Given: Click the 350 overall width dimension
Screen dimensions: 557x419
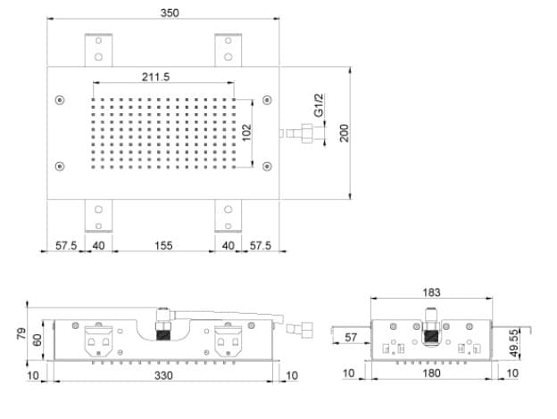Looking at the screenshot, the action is point(170,13).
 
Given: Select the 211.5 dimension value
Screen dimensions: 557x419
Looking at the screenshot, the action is point(156,77).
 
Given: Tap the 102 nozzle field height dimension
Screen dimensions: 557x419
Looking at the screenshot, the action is point(246,132).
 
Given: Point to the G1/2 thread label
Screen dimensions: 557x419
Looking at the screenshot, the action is point(319,105).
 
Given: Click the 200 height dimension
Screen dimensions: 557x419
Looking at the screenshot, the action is point(345,133).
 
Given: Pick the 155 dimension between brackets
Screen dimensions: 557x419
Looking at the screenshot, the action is point(163,245).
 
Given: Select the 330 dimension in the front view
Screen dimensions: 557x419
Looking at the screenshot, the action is point(163,375).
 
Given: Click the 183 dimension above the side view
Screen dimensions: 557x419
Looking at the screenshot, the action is point(432,292).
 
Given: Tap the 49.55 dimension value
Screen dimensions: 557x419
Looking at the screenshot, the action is point(513,343).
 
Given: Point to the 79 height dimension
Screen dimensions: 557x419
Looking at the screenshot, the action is point(21,333).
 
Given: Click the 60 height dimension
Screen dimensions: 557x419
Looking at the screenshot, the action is point(37,340).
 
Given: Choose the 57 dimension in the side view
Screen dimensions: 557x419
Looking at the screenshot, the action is point(351,337).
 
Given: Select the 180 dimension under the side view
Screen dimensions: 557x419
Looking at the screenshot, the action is point(432,374).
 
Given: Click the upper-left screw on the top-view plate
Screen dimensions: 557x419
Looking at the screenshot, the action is point(60,100).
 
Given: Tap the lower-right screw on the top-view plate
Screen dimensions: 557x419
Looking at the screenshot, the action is point(267,166).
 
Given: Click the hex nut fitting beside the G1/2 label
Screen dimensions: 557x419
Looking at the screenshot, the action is point(307,134).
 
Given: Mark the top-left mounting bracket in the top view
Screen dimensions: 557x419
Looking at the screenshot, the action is point(98,50).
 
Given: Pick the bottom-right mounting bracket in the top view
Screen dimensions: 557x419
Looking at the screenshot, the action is point(228,216).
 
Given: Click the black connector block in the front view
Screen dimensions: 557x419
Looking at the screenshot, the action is point(163,335).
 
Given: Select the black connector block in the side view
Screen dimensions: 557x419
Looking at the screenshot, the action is point(431,336).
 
